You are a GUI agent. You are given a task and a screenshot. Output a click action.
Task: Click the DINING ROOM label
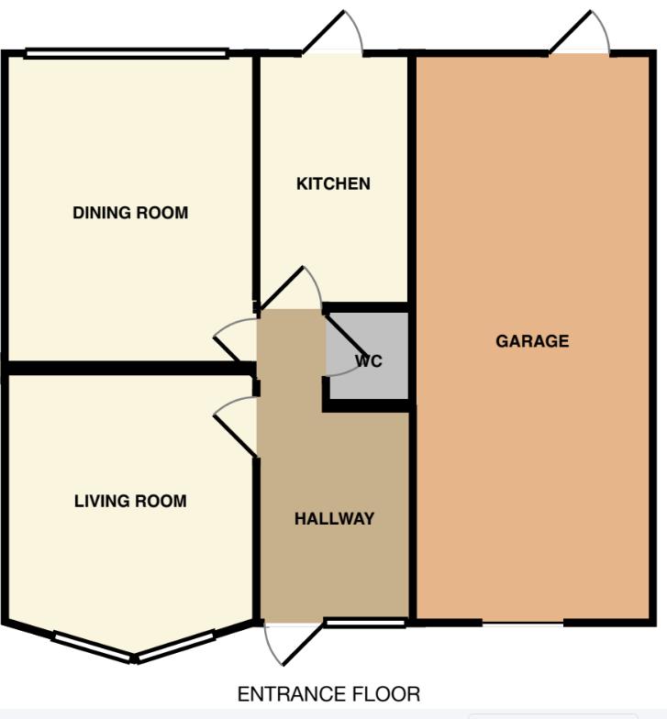point(130,214)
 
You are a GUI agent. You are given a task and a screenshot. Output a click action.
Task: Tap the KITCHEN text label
point(333,183)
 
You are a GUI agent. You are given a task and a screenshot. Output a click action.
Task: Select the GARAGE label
point(532,341)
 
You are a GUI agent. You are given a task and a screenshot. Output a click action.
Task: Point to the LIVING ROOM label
point(130,501)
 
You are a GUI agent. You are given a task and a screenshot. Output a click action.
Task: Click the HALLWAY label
point(334,519)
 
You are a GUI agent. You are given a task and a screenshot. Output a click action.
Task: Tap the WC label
point(369,361)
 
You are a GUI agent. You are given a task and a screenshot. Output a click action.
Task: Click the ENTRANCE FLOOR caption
point(328,694)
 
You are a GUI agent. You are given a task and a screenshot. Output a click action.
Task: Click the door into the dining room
point(236,339)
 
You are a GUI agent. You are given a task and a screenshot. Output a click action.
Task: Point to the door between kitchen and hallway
point(292,289)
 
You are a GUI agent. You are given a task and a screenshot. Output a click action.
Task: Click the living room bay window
point(134,647)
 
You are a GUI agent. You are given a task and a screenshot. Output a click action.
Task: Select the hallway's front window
point(365,624)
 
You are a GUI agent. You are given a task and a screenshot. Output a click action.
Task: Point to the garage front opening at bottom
point(522,623)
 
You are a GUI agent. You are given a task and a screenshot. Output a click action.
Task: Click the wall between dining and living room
point(128,368)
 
